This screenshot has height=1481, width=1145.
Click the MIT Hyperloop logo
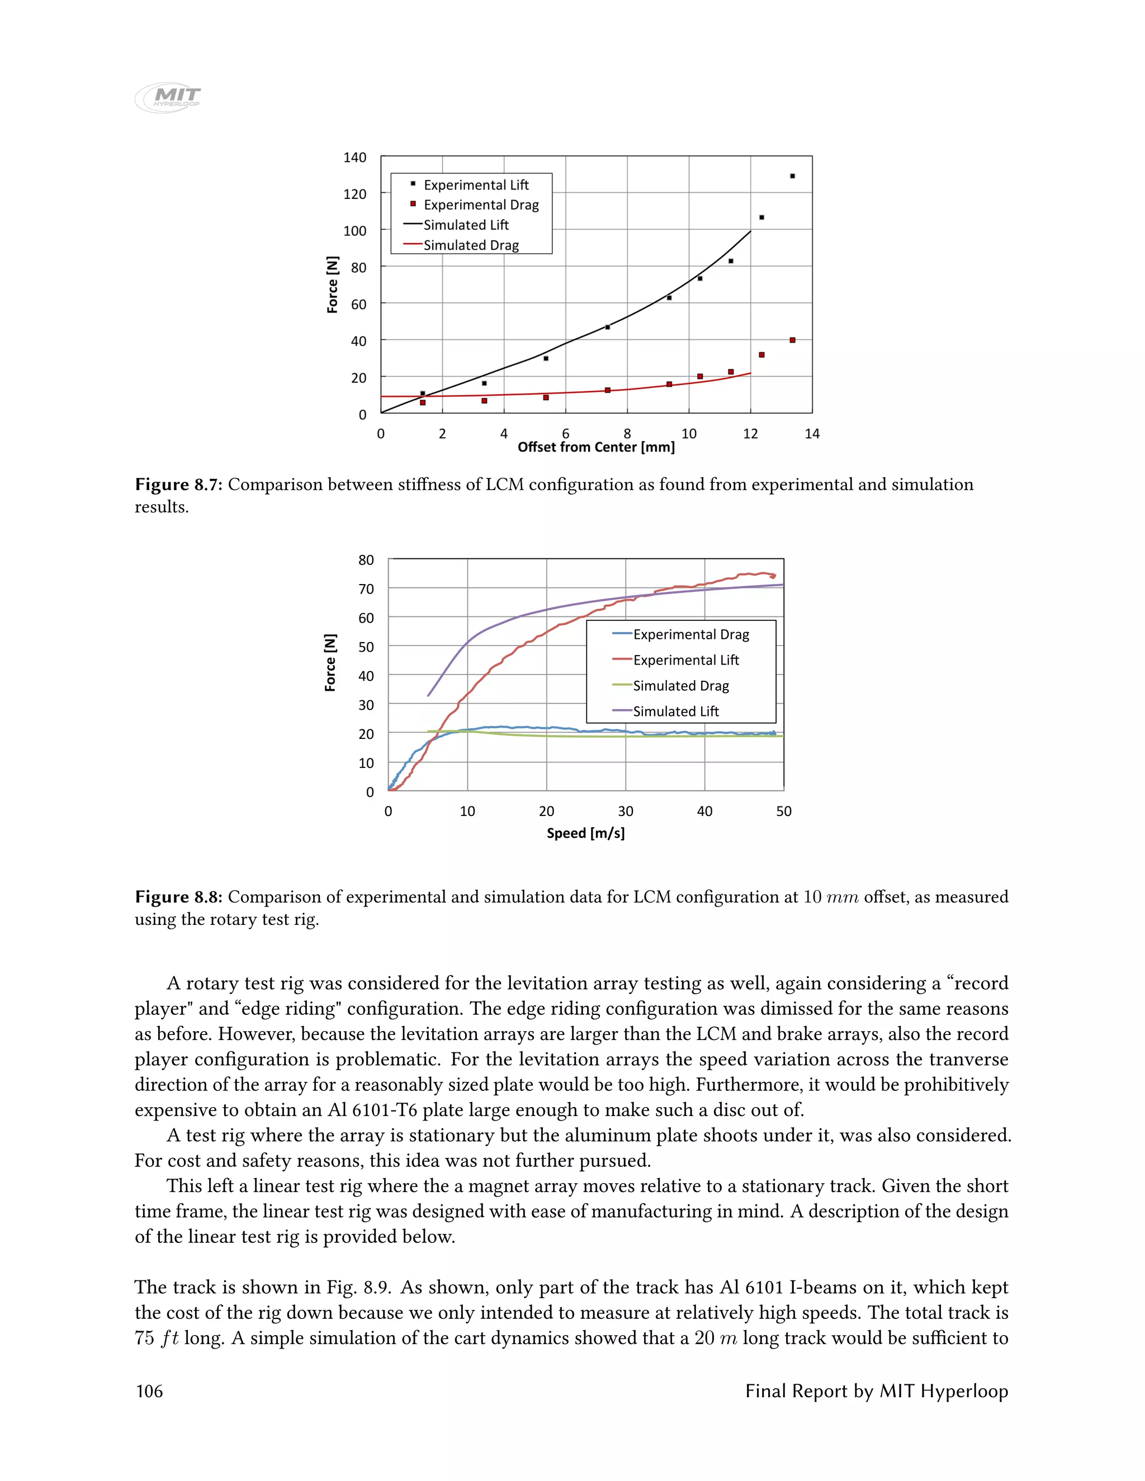168,97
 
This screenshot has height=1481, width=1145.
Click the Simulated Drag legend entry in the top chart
471,245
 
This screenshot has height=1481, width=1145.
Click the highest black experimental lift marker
792,176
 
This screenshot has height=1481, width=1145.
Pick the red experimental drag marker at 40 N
792,340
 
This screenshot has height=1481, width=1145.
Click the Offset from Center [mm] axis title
595,447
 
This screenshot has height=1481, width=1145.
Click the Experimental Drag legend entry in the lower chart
690,634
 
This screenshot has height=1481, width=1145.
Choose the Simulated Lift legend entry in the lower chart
675,711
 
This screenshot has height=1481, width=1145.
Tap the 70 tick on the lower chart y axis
366,588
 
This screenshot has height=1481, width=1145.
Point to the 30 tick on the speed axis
626,811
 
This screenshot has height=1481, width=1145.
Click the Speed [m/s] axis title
585,833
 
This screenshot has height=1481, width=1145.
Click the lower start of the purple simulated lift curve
428,695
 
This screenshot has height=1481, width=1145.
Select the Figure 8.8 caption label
179,896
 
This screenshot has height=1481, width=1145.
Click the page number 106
149,1391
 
